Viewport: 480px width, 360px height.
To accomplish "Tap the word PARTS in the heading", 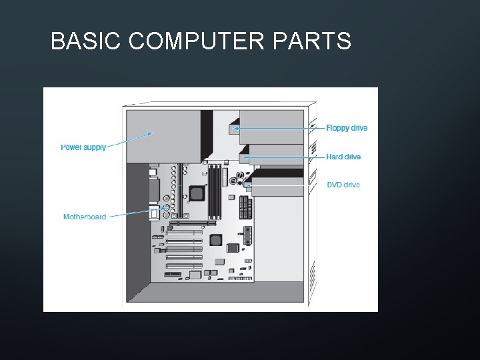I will [312, 41].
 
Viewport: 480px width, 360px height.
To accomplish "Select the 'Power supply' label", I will [83, 147].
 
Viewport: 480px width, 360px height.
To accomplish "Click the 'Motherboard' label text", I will [85, 217].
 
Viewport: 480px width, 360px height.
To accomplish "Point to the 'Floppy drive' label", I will [347, 128].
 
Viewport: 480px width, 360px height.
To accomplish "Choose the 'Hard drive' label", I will [343, 157].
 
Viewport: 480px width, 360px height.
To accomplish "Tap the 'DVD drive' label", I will [343, 185].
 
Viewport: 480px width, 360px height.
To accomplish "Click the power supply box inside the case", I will [163, 137].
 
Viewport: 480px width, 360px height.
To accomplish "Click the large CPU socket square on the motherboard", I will [196, 193].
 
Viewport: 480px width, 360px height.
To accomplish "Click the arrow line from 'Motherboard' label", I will [130, 214].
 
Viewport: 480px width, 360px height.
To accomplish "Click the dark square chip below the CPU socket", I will [215, 240].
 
